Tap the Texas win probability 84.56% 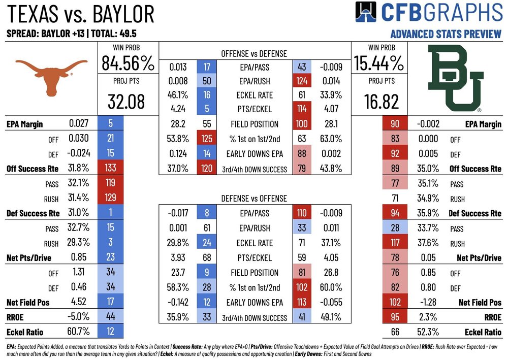coord(128,63)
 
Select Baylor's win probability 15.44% coord(378,63)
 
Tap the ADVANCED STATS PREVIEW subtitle coord(446,35)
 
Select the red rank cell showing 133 coord(109,169)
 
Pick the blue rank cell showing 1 coord(109,213)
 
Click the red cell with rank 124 coord(301,80)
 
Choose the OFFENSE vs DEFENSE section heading coord(254,53)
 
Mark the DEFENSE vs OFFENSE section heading coord(254,199)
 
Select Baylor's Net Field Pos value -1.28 coord(427,302)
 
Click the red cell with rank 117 coord(394,243)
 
